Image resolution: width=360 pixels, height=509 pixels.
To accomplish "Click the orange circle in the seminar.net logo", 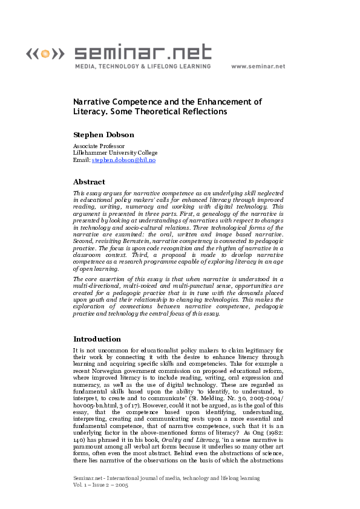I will tap(44, 54).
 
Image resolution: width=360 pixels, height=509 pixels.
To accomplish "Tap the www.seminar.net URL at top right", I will tap(258, 66).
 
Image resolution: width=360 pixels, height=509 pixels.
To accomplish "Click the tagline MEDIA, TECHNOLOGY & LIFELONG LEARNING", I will tap(143, 66).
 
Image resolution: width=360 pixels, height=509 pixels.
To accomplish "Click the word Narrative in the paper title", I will tap(91, 102).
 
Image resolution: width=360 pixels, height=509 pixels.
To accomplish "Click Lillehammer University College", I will tap(115, 153).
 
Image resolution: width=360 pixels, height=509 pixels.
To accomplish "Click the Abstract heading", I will tap(89, 181).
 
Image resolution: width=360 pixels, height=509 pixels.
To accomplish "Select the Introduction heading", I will tap(97, 339).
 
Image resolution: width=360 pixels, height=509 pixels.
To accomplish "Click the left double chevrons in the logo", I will tap(31, 54).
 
